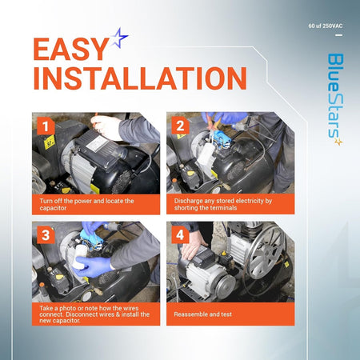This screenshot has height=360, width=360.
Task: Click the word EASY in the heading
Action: (x=70, y=49)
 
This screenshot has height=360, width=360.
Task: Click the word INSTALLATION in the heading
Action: (x=140, y=78)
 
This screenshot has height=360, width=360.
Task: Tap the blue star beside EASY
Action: (x=119, y=38)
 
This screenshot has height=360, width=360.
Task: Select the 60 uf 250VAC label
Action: (x=326, y=26)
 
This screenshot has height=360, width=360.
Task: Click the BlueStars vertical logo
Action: (x=335, y=99)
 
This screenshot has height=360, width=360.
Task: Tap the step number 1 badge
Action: (x=46, y=126)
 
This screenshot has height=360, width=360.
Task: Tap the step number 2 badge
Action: (x=180, y=126)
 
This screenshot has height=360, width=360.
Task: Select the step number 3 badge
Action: (x=46, y=235)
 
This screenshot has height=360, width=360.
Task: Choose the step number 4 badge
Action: (x=180, y=234)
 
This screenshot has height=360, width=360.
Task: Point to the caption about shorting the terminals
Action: (x=223, y=204)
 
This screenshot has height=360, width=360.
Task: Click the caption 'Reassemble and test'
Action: (x=202, y=314)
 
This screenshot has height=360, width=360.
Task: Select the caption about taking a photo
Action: (x=94, y=314)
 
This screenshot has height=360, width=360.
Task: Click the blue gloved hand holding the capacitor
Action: (x=90, y=266)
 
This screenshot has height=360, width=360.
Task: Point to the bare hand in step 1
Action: (x=106, y=127)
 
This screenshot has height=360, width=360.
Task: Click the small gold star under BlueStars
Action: (x=338, y=142)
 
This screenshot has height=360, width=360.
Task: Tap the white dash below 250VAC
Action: (x=338, y=35)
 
